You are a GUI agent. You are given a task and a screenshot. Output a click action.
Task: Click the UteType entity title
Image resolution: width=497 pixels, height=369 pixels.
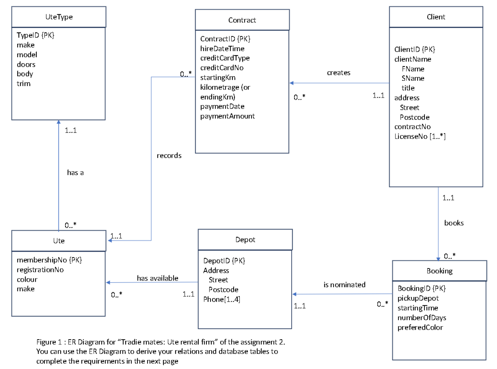coord(59,17)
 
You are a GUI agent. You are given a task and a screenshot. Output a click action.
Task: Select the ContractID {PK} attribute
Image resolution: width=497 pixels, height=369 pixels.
coord(225,39)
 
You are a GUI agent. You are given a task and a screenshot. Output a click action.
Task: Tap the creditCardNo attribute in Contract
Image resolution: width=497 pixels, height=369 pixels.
coord(222,68)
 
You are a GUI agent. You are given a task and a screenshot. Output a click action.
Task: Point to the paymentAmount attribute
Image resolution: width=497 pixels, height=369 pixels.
coord(227,116)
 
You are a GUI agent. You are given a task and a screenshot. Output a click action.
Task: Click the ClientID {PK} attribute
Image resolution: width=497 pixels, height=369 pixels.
coord(414,49)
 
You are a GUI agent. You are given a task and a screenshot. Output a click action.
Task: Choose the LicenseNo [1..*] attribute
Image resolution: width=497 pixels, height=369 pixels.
coord(420,137)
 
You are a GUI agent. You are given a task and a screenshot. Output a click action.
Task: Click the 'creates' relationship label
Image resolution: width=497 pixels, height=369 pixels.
coord(338,73)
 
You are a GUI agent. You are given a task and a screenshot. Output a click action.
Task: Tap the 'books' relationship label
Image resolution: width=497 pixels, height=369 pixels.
coord(454,223)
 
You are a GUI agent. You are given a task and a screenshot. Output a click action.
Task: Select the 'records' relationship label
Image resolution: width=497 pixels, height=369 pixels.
coord(169,155)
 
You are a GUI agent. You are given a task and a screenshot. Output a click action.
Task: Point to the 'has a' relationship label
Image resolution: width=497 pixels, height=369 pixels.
coord(75,173)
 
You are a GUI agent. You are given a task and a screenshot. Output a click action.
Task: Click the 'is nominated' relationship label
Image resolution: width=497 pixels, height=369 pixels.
coord(344,285)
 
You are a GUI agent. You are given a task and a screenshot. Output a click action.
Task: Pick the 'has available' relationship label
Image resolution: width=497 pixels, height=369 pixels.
coord(157,278)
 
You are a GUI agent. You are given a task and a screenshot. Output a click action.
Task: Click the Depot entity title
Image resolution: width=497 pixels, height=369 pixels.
coord(245,240)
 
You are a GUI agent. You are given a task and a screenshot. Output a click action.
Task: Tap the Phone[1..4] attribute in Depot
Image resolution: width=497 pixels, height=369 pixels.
coord(221,299)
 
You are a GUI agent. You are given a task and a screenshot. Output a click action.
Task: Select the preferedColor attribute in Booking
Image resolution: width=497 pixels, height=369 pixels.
coord(420,327)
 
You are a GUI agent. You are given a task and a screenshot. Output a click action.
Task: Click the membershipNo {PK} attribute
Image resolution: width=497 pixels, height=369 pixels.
coord(49,260)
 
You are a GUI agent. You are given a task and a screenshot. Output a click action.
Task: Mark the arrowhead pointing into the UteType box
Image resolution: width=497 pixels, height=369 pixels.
coord(59,122)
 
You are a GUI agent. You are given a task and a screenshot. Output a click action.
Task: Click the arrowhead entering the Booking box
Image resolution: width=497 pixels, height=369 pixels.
coord(438,259)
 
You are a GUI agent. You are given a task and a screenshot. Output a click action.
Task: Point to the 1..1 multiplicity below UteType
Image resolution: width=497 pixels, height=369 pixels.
coord(71,130)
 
